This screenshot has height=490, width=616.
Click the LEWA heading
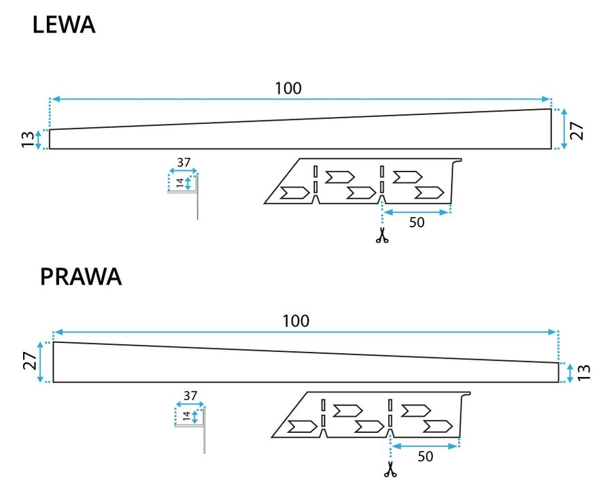[x=63, y=25]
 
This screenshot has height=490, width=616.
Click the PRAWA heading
[x=80, y=277]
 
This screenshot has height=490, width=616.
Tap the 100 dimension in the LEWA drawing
[x=288, y=88]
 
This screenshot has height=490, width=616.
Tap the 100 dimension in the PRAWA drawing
[x=296, y=321]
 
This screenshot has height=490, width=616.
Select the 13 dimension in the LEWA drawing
[x=27, y=140]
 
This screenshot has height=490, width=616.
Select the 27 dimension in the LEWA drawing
[x=577, y=129]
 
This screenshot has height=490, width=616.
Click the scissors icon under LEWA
[x=382, y=236]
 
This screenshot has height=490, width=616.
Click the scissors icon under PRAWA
[x=390, y=469]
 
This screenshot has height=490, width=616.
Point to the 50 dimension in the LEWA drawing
[x=416, y=223]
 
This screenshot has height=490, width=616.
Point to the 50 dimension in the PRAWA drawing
[x=425, y=456]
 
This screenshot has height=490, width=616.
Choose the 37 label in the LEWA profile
[x=184, y=163]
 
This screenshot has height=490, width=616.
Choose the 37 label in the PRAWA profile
[x=190, y=395]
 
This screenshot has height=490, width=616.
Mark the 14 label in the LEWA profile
[x=179, y=183]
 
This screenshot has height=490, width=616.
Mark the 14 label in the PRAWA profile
[x=187, y=416]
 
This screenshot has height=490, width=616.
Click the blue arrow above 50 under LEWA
[x=416, y=212]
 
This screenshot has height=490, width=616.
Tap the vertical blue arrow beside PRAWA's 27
[x=41, y=361]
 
